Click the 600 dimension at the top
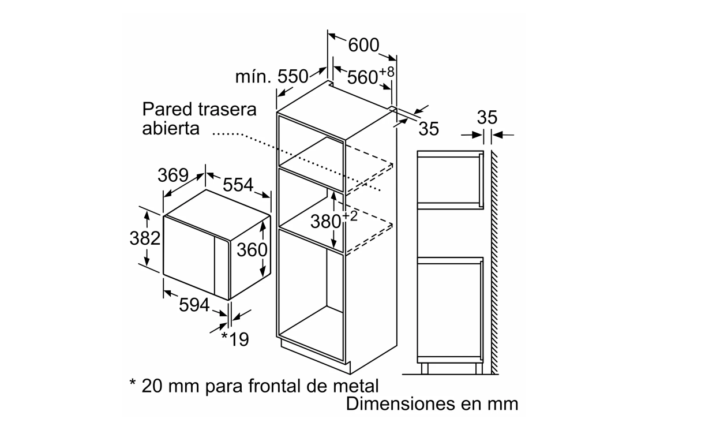pos(363,46)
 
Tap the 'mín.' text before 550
pos(253,77)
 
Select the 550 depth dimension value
pos(292,77)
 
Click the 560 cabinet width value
pos(362,77)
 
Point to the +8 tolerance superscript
pos(387,72)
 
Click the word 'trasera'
pos(227,110)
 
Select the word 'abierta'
pos(171,129)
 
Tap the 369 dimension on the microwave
pos(173,175)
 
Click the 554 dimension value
pos(238,185)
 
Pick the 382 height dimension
pos(145,238)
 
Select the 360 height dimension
pos(252,250)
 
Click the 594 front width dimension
pos(194,305)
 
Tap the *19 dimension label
pos(235,339)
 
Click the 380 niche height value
pos(326,222)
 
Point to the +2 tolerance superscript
pos(350,216)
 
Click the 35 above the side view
pos(487,118)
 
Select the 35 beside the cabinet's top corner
pos(429,129)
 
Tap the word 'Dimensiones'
pos(400,404)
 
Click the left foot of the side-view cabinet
pos(425,368)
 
